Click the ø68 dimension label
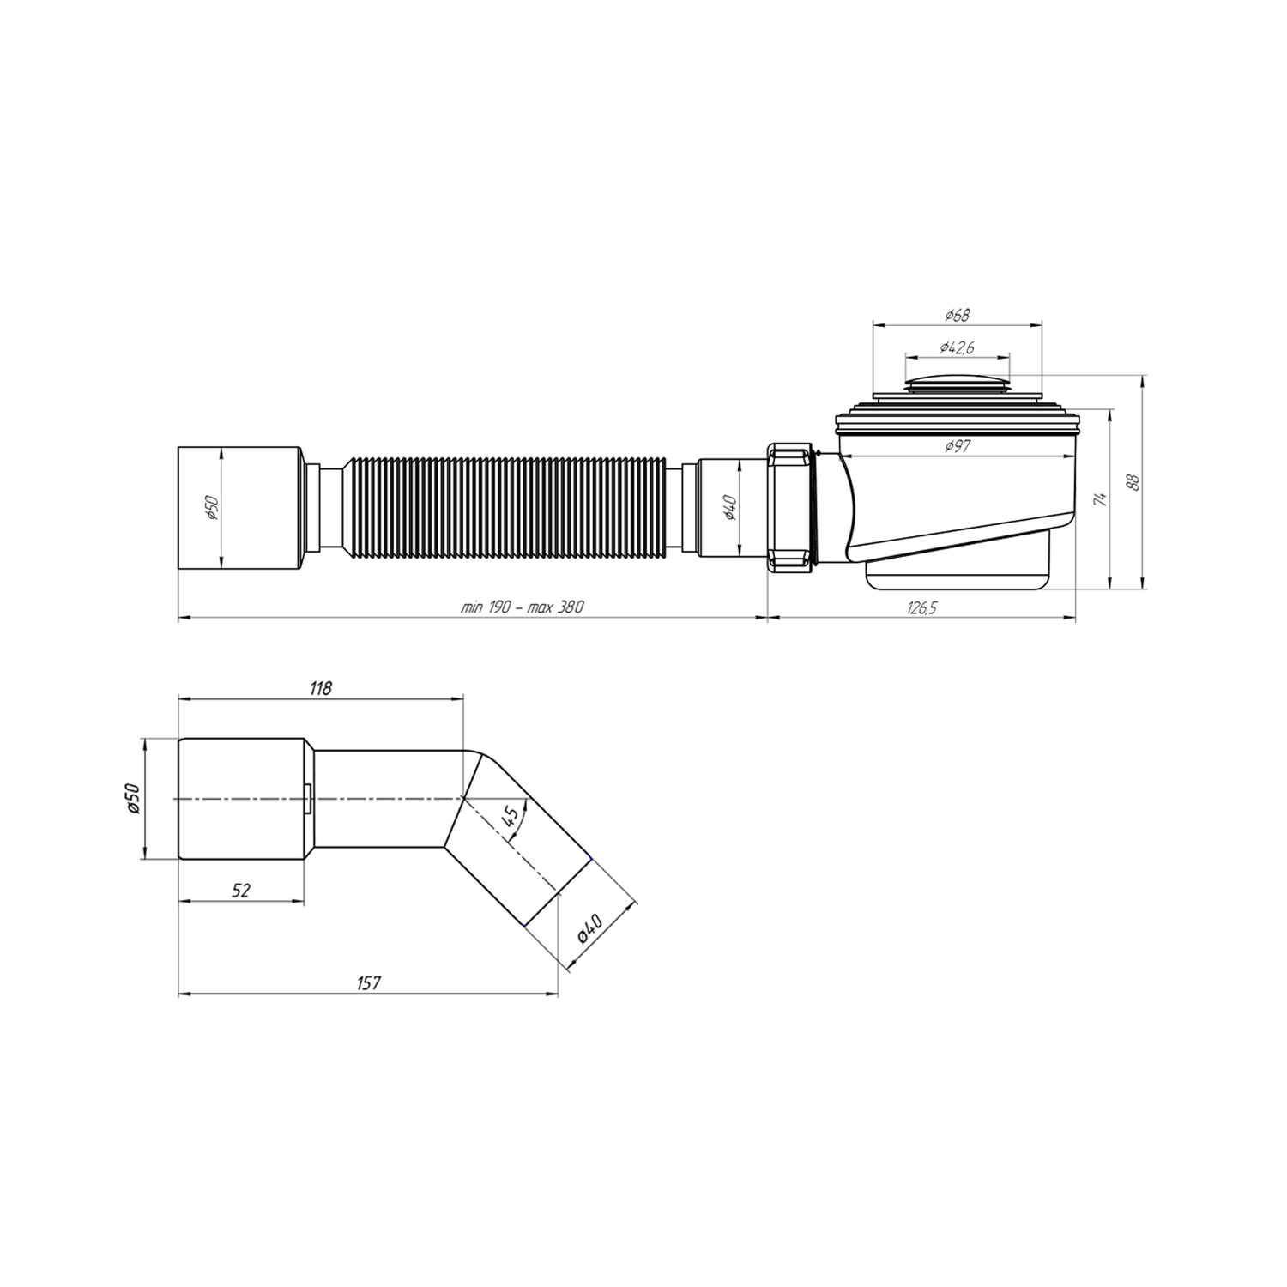[x=958, y=315]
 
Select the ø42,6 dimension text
[x=957, y=347]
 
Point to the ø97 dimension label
[x=958, y=446]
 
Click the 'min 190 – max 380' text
[x=522, y=607]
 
